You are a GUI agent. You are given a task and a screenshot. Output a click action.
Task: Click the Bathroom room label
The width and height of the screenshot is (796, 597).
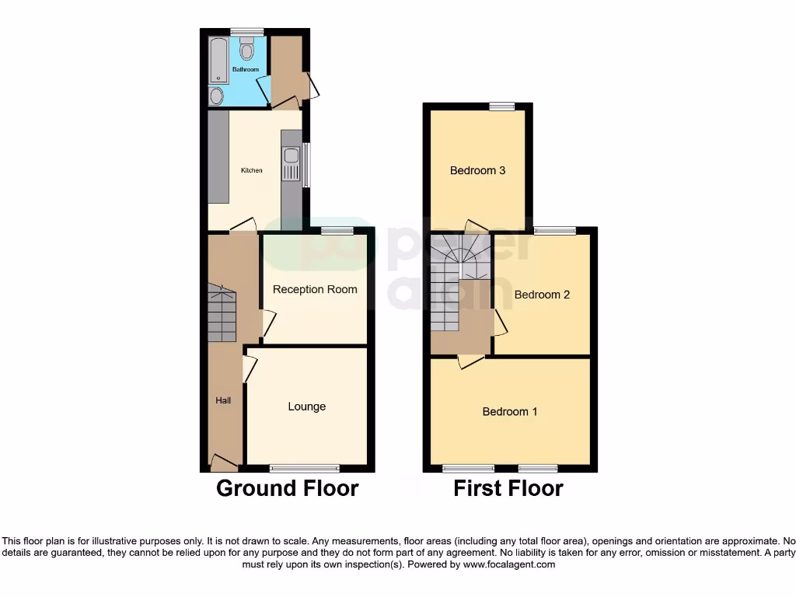point(245,69)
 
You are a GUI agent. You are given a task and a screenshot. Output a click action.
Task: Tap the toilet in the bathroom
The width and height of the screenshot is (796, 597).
point(247,51)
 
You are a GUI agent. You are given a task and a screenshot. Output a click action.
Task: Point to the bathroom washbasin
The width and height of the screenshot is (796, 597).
point(217,96)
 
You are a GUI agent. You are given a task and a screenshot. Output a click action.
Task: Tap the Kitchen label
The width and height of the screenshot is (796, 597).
point(251,170)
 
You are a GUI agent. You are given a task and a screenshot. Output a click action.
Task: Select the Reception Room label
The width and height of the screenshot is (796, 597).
point(315,289)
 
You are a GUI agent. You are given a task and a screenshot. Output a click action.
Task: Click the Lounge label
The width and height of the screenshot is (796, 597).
point(306,407)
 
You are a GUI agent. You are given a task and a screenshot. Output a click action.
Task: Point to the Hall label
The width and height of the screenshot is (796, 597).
point(223,400)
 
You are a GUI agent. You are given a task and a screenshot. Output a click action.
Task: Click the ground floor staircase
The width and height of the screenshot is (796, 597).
point(222,314)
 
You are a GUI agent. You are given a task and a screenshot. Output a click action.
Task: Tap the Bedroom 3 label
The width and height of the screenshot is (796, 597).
point(478,170)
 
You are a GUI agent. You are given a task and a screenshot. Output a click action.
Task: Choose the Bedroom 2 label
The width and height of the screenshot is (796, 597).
point(542,295)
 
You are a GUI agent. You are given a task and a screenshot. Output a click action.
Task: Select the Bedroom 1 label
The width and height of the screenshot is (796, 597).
point(510,411)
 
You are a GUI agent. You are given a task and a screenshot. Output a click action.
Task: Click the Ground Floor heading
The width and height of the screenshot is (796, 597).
point(287,488)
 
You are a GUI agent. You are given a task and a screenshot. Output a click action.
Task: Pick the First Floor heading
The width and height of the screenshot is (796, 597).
point(508,488)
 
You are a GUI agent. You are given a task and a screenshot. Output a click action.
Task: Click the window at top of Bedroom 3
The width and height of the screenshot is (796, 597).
point(502,106)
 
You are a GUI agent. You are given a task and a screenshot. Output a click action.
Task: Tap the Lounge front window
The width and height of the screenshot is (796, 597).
point(305,468)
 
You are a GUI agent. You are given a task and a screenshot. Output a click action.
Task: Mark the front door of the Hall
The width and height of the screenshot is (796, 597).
point(224,465)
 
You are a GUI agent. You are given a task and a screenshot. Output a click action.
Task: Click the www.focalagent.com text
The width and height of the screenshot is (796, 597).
point(508,564)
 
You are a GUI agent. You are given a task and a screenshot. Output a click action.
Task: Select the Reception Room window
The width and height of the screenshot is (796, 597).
point(337,231)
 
